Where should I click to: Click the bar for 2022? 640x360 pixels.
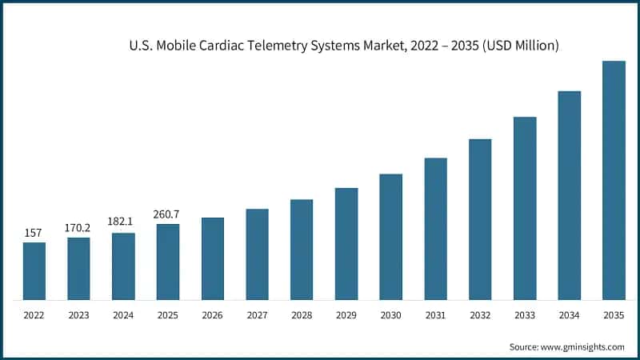click(x=34, y=270)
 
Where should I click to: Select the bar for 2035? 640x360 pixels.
click(x=614, y=180)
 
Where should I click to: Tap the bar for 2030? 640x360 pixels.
click(x=390, y=237)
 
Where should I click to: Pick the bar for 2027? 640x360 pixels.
click(x=257, y=254)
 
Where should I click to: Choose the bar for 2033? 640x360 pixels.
click(x=524, y=208)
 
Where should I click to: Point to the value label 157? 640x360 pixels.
click(x=34, y=233)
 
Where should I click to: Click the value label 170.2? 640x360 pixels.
click(x=78, y=228)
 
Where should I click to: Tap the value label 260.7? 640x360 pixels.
click(x=167, y=214)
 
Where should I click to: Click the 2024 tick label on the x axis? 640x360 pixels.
click(x=123, y=316)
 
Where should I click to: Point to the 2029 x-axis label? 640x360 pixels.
click(x=346, y=316)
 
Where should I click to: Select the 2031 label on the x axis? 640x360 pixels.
click(x=435, y=316)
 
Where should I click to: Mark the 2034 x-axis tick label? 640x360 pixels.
click(x=569, y=316)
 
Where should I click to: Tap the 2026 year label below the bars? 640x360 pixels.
click(x=212, y=316)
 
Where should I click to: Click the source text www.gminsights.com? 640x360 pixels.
click(x=584, y=346)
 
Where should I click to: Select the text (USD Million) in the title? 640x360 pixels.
click(x=518, y=46)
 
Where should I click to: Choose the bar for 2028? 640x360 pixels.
click(x=302, y=250)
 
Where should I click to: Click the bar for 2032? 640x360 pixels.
click(x=480, y=219)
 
